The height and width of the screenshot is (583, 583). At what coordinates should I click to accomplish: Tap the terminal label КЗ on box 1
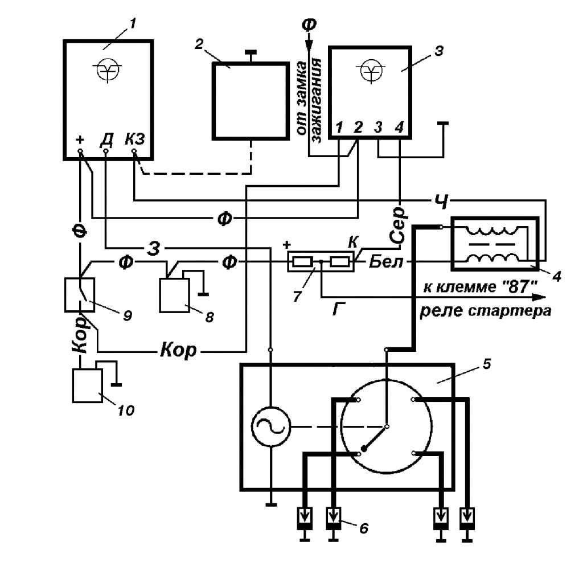[135, 138]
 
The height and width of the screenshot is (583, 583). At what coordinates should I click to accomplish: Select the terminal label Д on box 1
[106, 138]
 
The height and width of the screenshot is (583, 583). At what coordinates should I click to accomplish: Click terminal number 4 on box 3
[399, 128]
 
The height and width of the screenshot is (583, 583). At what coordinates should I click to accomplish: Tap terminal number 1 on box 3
[339, 128]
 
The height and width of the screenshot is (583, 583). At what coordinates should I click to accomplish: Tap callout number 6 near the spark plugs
[363, 528]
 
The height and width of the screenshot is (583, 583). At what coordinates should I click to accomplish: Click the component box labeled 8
[175, 294]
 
